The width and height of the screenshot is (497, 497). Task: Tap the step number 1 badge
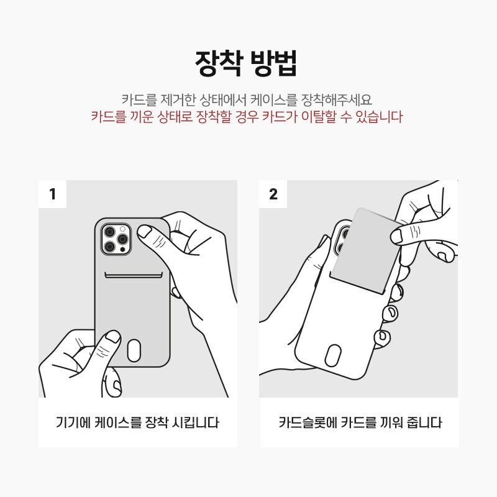tap(53, 194)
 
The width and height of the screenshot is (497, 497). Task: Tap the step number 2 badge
tap(273, 194)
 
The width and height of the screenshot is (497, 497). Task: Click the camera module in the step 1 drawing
tap(116, 239)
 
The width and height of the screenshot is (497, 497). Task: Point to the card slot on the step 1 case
tap(134, 275)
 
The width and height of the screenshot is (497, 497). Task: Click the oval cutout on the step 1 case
tap(134, 350)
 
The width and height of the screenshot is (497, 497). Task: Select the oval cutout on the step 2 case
tap(333, 355)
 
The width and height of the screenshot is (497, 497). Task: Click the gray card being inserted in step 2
tap(365, 250)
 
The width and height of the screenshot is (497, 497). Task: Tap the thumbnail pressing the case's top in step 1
tap(145, 231)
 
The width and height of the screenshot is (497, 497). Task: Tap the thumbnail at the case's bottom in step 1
tap(112, 336)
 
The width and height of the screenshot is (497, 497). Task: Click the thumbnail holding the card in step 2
tap(396, 237)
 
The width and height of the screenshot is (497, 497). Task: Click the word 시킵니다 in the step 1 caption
tap(195, 422)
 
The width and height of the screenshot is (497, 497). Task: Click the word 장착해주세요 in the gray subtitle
tap(336, 100)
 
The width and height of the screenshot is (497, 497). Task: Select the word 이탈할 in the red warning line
tap(319, 117)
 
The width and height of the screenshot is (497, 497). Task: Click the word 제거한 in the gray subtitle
tap(178, 100)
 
